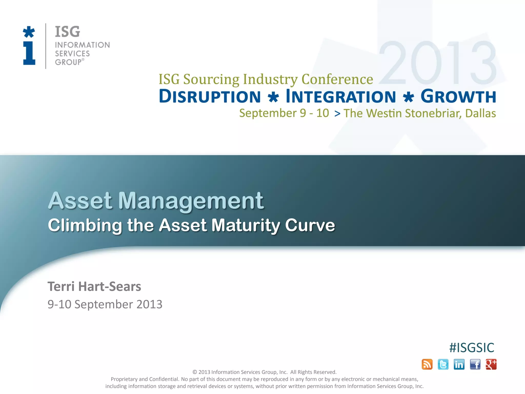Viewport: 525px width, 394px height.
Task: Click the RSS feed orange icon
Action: [x=427, y=364]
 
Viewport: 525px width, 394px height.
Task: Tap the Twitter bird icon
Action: [x=443, y=364]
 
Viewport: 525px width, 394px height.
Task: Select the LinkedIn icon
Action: [x=459, y=364]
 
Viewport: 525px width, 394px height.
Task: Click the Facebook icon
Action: [x=475, y=364]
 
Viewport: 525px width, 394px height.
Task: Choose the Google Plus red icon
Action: [x=491, y=364]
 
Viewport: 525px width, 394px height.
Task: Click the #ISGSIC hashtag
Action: [x=472, y=348]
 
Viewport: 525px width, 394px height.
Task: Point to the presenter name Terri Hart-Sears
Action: [x=94, y=287]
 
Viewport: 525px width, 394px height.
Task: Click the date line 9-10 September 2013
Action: [x=105, y=304]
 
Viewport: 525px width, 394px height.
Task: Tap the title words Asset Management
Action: [x=156, y=201]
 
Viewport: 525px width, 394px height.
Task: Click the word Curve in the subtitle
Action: [x=310, y=225]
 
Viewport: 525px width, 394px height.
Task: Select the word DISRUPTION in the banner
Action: [x=210, y=96]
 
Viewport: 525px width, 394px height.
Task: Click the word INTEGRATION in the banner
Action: [x=341, y=96]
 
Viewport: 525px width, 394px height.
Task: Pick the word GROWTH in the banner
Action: [x=458, y=96]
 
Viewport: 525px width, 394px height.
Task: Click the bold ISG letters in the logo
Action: [x=67, y=32]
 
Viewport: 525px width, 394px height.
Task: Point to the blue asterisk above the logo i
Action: [x=29, y=32]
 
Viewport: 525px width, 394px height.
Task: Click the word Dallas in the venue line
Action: [x=480, y=113]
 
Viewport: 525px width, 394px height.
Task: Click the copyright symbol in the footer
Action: [x=195, y=372]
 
